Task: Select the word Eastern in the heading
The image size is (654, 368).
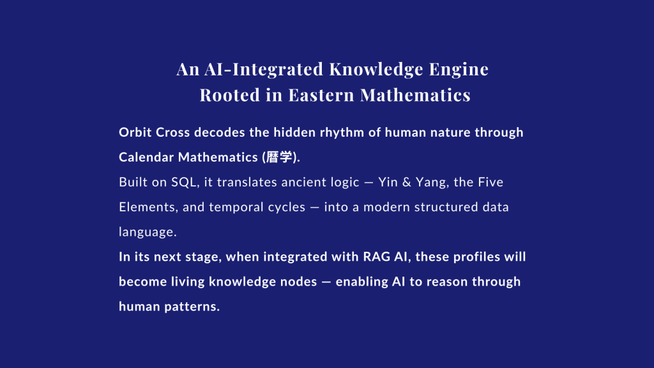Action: pos(321,95)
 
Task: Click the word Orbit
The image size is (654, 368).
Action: pos(135,132)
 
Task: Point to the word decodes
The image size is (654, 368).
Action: pos(220,132)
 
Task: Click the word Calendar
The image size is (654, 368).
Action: pos(146,157)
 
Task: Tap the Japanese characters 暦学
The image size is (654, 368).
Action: pos(279,157)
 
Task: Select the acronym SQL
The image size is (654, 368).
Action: pos(184,182)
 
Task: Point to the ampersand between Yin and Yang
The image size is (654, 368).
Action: pos(407,182)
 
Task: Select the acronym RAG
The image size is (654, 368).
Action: pos(377,257)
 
